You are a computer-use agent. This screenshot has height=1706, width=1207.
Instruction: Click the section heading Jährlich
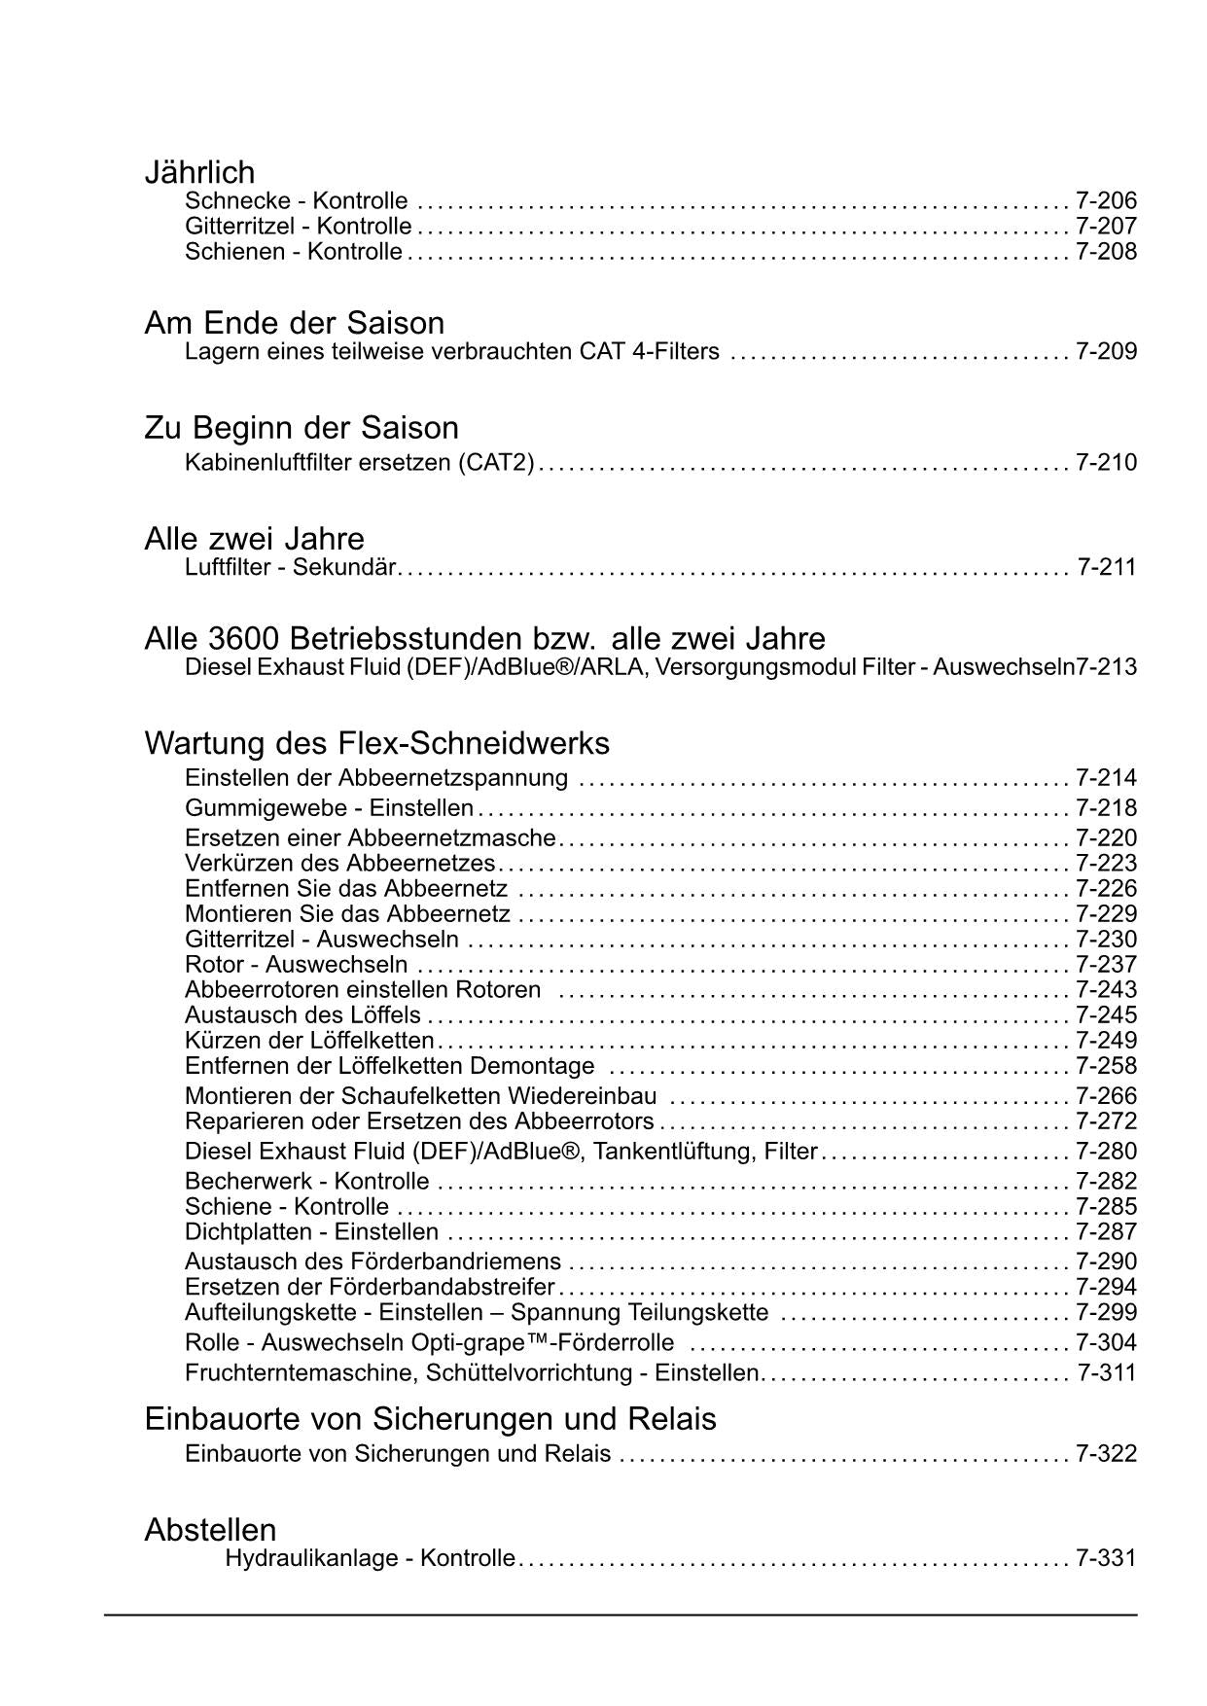coord(199,172)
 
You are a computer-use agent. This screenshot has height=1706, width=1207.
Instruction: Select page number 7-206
coord(1106,201)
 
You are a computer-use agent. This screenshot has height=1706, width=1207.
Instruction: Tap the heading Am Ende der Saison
coord(294,323)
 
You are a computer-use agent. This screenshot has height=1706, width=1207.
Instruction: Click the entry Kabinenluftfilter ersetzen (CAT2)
coord(360,462)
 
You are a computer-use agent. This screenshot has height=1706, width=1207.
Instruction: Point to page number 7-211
coord(1107,567)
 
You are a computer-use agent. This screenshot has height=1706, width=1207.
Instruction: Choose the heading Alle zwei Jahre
coord(254,539)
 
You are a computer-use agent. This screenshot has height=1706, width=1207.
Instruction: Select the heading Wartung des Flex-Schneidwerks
coord(376,743)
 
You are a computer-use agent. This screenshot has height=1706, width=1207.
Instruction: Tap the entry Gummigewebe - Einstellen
coord(329,808)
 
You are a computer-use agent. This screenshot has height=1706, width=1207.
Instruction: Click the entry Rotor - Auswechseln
coord(296,965)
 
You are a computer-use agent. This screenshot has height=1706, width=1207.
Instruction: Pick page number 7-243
coord(1106,990)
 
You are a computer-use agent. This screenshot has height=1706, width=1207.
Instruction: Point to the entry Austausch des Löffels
coord(302,1015)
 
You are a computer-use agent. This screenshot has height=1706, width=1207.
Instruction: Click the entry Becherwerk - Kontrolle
coord(306,1182)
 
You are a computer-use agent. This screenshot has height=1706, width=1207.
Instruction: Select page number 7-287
coord(1106,1232)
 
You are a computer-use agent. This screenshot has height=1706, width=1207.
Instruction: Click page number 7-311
coord(1107,1373)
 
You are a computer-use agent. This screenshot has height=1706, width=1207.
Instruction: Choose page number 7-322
coord(1106,1454)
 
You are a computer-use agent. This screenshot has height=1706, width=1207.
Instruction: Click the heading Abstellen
coord(210,1530)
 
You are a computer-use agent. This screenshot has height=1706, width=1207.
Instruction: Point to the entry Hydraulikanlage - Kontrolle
coord(370,1558)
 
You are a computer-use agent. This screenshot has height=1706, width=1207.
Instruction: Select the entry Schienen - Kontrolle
coord(293,252)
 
